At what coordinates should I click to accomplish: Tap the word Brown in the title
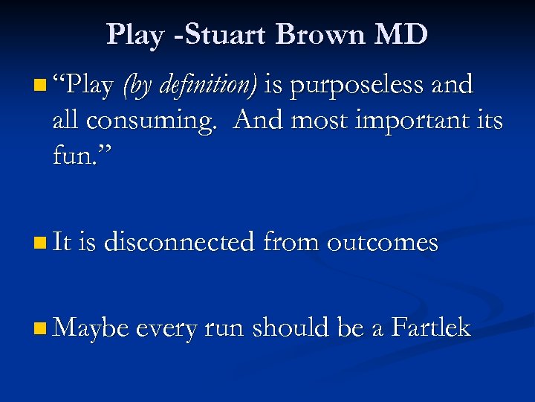click(309, 34)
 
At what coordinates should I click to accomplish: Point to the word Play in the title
click(136, 34)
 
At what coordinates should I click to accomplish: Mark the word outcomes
click(382, 243)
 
